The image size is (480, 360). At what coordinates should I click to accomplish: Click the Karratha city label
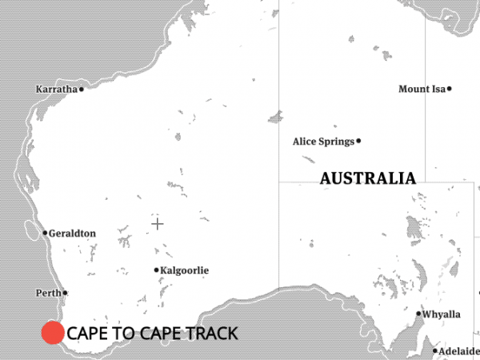(x=56, y=90)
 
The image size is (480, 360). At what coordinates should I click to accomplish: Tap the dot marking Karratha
(x=81, y=90)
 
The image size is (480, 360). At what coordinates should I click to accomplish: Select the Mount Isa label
(x=422, y=89)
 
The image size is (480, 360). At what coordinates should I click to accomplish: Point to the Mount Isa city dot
(x=450, y=89)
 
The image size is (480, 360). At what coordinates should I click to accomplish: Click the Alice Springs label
(x=323, y=142)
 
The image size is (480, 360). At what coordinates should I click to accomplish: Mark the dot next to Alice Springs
(x=358, y=141)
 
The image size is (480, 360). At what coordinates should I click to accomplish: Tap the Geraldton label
(x=72, y=234)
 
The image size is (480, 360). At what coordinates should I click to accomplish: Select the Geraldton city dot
(x=45, y=234)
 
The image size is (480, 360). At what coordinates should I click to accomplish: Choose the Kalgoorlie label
(x=185, y=270)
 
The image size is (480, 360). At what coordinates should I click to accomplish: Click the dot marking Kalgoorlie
(x=157, y=270)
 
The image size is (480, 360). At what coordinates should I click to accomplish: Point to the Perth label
(x=48, y=294)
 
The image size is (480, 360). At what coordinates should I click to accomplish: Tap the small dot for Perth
(x=65, y=294)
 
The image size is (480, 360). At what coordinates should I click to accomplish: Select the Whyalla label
(x=442, y=314)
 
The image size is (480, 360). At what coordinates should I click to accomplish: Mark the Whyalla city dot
(x=418, y=314)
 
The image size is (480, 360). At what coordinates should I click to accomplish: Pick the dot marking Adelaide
(x=436, y=351)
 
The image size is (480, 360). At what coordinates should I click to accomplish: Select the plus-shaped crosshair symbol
(x=158, y=224)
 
